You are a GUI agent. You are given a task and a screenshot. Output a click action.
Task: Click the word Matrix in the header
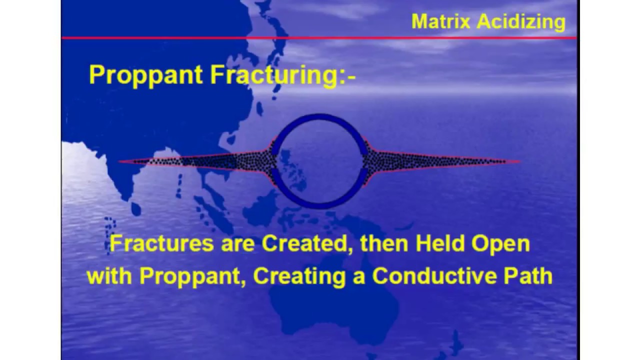click(x=440, y=21)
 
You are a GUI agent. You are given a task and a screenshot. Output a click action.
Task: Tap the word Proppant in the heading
click(x=146, y=75)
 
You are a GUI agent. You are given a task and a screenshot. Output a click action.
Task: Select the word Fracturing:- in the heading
click(x=282, y=75)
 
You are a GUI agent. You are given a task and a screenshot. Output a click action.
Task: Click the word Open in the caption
click(x=500, y=244)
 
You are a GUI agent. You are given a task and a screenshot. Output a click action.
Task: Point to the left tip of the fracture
click(x=120, y=161)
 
